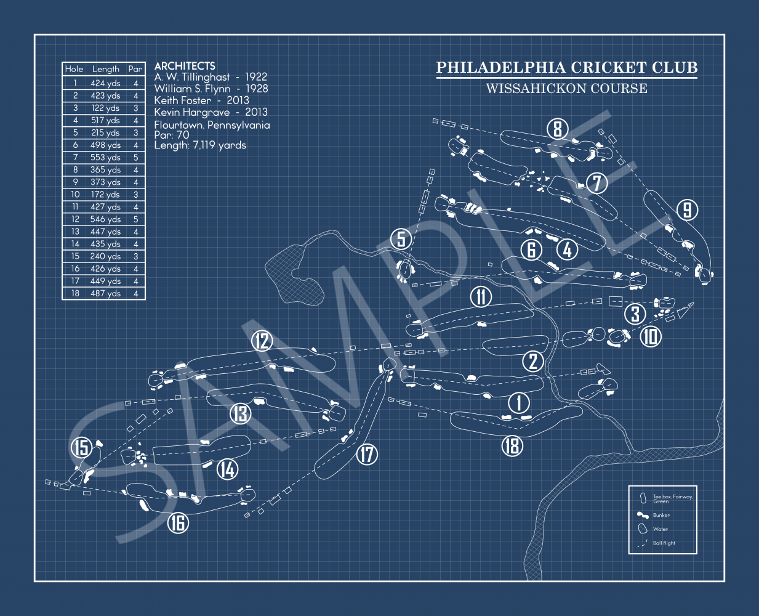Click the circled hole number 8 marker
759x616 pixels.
pos(557,129)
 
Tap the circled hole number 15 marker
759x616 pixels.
pos(81,447)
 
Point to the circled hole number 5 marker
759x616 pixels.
pos(401,238)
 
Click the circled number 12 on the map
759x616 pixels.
pos(262,341)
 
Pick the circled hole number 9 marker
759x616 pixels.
pos(687,210)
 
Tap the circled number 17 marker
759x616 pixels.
pos(367,455)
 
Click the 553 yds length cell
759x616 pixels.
pos(105,158)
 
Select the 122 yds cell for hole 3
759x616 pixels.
pos(105,108)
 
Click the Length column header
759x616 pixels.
pos(105,69)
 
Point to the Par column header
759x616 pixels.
pos(135,69)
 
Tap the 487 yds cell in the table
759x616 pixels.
pos(105,293)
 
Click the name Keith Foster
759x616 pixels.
pos(182,100)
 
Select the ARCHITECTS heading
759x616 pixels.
pos(185,65)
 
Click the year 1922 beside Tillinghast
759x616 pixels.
pos(256,77)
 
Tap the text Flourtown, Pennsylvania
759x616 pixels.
pos(212,125)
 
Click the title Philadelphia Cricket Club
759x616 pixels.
pos(566,68)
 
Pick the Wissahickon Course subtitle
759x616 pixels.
pos(566,89)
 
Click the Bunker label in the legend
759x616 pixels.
pos(661,515)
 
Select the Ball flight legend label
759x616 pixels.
pos(664,543)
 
